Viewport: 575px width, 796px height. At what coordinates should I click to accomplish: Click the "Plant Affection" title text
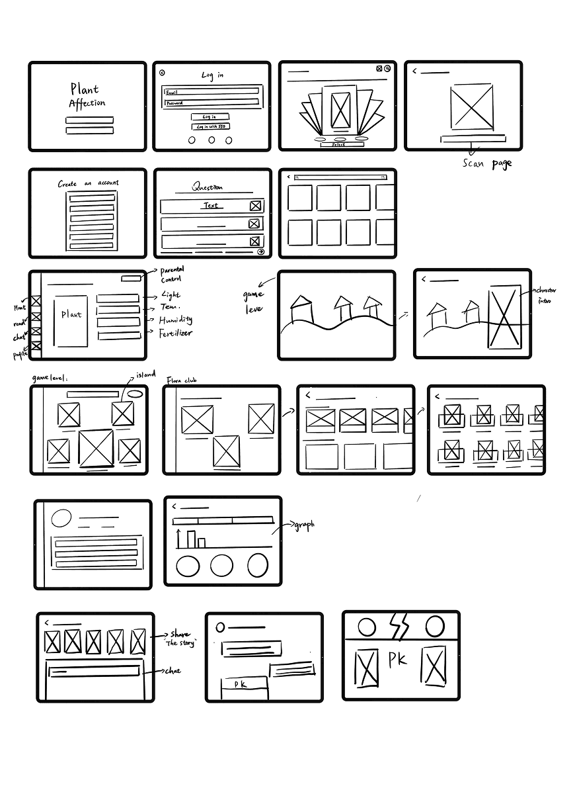pyautogui.click(x=87, y=96)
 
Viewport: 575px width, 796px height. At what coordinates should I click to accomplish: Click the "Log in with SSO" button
pyautogui.click(x=211, y=126)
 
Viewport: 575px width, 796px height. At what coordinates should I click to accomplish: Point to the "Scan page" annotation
pyautogui.click(x=486, y=163)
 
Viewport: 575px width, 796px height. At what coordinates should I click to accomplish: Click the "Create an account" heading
pyautogui.click(x=88, y=183)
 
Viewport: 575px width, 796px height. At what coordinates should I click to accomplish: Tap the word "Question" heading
pyautogui.click(x=208, y=187)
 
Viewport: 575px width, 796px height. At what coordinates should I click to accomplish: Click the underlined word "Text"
pyautogui.click(x=210, y=206)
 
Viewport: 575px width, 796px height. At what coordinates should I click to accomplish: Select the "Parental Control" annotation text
pyautogui.click(x=172, y=274)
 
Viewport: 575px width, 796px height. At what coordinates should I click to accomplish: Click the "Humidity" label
pyautogui.click(x=175, y=320)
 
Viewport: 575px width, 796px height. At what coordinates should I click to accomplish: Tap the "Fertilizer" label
pyautogui.click(x=176, y=333)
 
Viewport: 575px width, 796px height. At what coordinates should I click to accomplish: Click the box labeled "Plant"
pyautogui.click(x=71, y=321)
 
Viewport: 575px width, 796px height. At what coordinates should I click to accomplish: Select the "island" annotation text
pyautogui.click(x=145, y=375)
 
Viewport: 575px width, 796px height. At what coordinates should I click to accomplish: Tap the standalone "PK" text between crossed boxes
pyautogui.click(x=398, y=660)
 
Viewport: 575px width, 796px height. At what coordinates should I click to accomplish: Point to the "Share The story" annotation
pyautogui.click(x=180, y=639)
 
